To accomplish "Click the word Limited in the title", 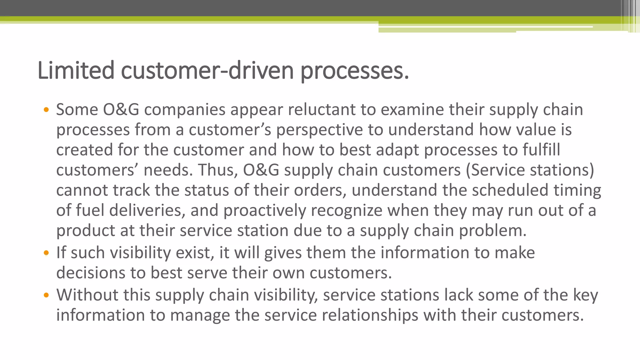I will [76, 71].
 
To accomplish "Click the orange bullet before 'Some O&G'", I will [46, 110].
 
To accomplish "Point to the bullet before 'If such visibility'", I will [46, 253].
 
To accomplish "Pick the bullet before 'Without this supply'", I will [46, 295].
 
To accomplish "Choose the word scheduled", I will [510, 190].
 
